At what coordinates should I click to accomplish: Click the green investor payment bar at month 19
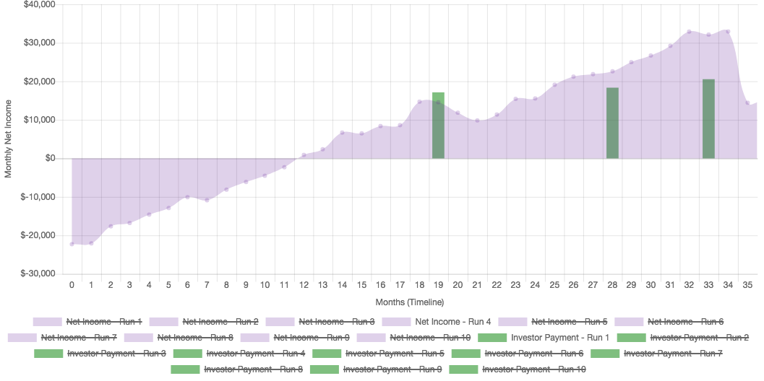438,126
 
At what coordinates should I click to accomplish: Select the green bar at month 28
612,123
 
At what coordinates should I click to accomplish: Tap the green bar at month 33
708,119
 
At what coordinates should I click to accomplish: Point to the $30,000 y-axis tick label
40,43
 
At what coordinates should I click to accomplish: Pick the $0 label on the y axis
50,158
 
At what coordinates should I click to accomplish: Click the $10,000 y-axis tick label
40,120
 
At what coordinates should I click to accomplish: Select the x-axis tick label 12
304,286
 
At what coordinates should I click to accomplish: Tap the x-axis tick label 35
747,286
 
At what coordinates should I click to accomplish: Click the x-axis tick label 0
72,286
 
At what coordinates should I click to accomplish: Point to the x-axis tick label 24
535,286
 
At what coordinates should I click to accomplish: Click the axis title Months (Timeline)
409,302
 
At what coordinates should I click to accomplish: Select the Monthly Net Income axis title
9,139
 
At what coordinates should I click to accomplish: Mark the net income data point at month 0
72,245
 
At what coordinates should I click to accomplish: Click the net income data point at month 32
690,31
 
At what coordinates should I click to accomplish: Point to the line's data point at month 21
477,121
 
